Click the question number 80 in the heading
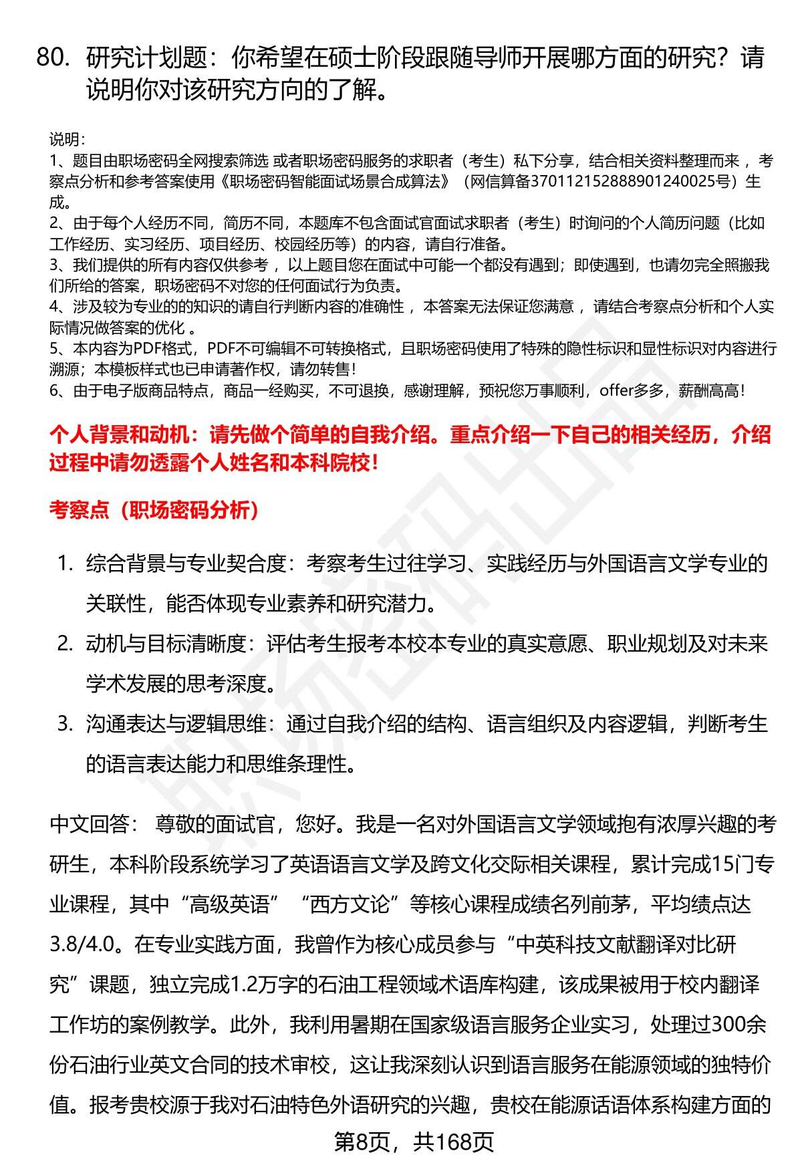[x=53, y=59]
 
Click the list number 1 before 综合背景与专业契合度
[x=64, y=563]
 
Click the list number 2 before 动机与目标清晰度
[x=64, y=644]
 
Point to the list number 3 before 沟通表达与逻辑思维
[x=64, y=724]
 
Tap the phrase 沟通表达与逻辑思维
[x=175, y=725]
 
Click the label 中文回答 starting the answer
[x=90, y=825]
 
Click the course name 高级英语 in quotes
[x=235, y=905]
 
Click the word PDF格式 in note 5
[x=164, y=349]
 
